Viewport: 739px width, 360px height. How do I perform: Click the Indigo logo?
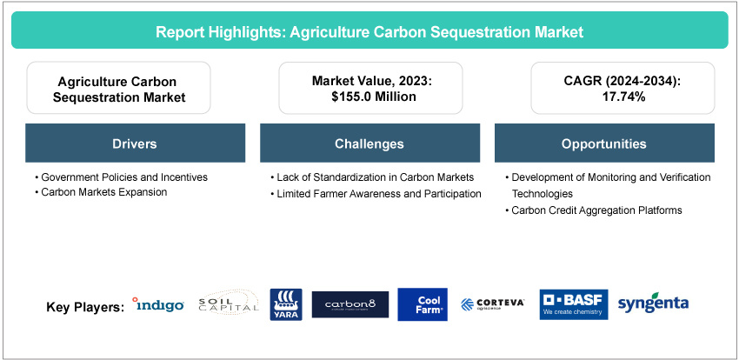tap(158, 305)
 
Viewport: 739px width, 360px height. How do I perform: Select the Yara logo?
tap(286, 305)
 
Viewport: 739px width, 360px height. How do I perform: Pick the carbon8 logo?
tap(350, 304)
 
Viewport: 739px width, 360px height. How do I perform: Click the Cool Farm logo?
tap(423, 304)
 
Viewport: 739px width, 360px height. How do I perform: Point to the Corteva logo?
tap(492, 304)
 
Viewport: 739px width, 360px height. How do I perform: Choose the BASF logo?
tap(574, 304)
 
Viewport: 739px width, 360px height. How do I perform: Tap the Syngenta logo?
tap(653, 304)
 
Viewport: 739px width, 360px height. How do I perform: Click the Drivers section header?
tap(136, 143)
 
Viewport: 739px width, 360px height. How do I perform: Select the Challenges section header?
tap(369, 143)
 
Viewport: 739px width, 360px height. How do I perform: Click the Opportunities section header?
tap(604, 143)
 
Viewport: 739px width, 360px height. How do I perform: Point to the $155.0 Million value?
tap(372, 97)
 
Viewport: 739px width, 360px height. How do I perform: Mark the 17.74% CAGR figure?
tap(622, 97)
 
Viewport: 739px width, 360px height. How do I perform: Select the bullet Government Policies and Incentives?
tap(121, 177)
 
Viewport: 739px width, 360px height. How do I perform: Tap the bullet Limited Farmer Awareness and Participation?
tap(376, 193)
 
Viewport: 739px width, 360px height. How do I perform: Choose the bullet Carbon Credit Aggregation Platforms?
tap(593, 210)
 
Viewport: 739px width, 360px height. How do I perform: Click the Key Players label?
tap(85, 307)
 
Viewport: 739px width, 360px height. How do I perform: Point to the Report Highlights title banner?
tap(369, 30)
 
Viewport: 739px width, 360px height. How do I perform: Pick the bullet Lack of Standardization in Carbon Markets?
tap(372, 177)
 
